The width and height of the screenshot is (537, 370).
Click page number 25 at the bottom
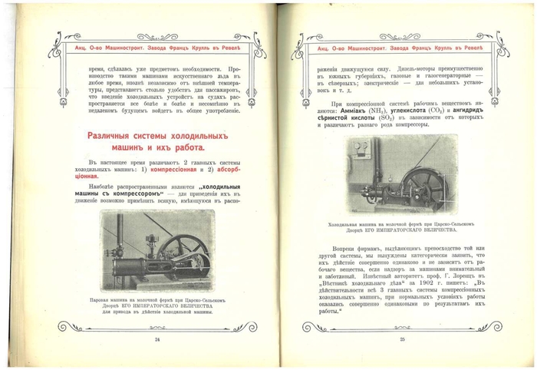coord(401,339)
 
